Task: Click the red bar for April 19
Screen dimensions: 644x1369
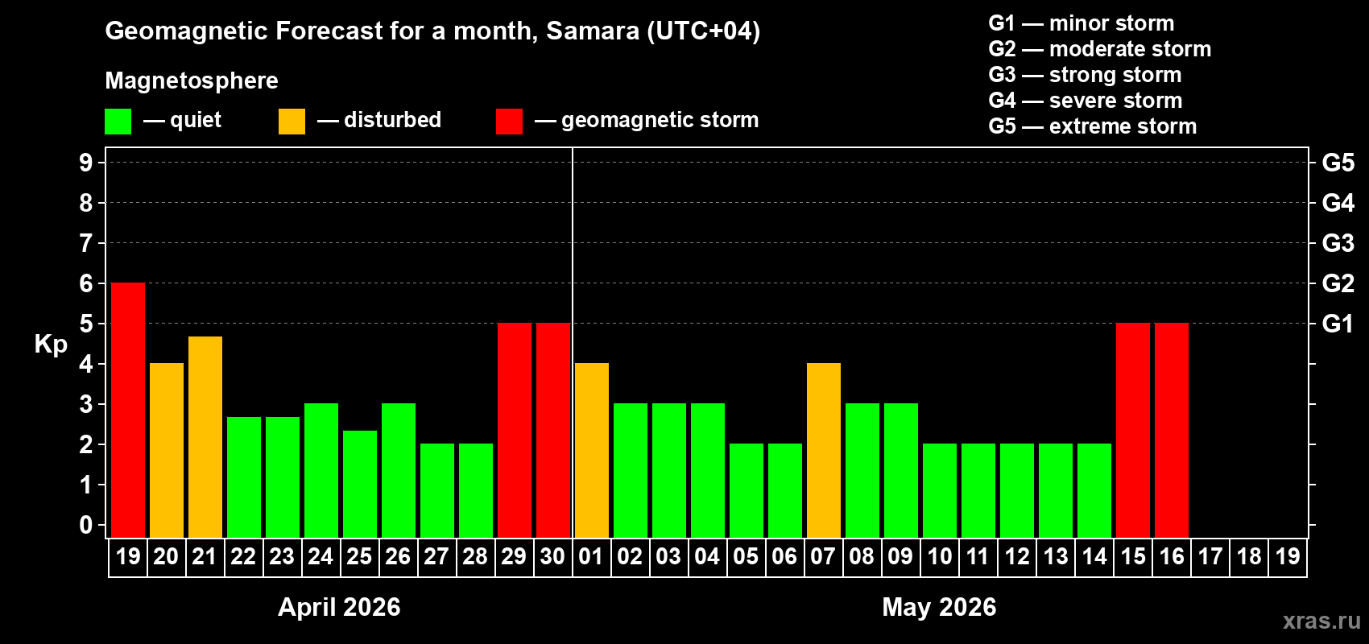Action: (x=128, y=410)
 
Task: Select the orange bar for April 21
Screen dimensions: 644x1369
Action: (x=205, y=436)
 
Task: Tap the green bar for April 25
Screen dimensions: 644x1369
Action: (x=360, y=483)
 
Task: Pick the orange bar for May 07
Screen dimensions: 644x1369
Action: (x=824, y=450)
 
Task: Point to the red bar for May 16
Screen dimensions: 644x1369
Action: (x=1172, y=430)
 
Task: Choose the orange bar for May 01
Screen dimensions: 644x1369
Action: (x=592, y=450)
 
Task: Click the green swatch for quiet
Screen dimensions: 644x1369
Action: (x=118, y=122)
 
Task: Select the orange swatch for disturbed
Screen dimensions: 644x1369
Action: (x=292, y=122)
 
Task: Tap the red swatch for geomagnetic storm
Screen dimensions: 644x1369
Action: (x=509, y=122)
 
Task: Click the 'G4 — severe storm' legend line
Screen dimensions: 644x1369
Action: (x=1085, y=101)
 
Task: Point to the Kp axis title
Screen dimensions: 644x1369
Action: (x=51, y=344)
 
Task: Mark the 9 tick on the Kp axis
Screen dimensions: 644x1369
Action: (x=86, y=163)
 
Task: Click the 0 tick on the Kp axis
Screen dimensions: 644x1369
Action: (x=86, y=525)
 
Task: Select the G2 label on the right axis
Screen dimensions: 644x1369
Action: (x=1338, y=283)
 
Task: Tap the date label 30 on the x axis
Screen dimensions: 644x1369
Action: (x=552, y=556)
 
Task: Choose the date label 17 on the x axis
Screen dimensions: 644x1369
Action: (x=1210, y=556)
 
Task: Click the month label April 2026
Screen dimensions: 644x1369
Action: (x=339, y=607)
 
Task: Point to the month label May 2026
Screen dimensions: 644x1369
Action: (x=939, y=607)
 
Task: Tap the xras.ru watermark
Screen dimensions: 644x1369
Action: (x=1321, y=621)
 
